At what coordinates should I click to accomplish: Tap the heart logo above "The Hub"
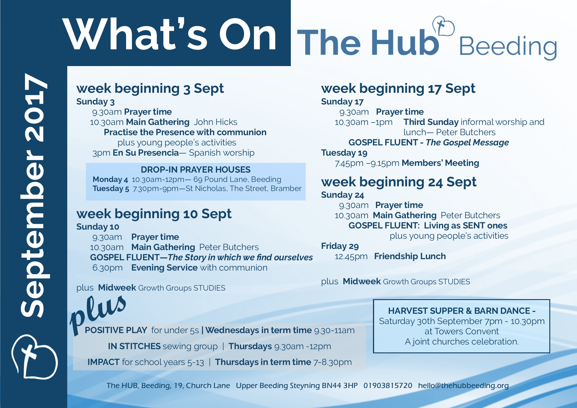pos(443,26)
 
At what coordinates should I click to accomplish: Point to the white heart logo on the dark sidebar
pos(34,357)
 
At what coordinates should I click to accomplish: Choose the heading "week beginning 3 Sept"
pos(150,88)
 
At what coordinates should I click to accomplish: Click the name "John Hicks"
pos(215,122)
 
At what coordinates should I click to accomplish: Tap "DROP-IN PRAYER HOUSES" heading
pos(195,170)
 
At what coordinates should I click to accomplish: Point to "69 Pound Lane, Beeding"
pos(237,179)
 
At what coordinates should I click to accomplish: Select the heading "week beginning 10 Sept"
pos(154,214)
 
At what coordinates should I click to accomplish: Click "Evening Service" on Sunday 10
pos(164,268)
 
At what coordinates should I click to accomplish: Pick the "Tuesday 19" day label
pos(344,153)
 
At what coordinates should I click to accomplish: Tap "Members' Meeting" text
pos(440,163)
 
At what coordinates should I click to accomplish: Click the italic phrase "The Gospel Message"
pos(467,142)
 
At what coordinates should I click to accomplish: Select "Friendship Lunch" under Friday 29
pos(410,256)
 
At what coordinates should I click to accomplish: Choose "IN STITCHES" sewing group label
pos(134,346)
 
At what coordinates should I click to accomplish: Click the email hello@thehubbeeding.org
pos(463,386)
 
